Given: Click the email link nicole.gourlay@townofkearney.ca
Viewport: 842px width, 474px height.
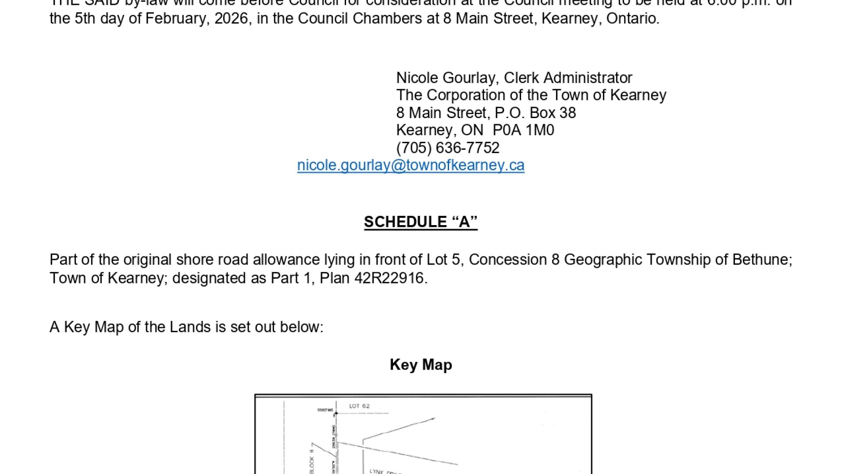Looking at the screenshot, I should [410, 165].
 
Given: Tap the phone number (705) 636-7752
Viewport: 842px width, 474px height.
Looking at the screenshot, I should [448, 148].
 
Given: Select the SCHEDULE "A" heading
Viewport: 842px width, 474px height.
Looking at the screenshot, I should [421, 222].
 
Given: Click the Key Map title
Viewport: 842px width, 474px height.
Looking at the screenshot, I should [421, 365].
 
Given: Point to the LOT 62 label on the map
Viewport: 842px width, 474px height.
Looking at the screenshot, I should [359, 406].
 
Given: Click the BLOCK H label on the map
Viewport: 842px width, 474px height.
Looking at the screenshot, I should [312, 461].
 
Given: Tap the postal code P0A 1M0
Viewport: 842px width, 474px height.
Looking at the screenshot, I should [523, 130].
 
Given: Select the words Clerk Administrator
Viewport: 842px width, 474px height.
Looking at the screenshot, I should [568, 78].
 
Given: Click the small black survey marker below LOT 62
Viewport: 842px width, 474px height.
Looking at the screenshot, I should [336, 413].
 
